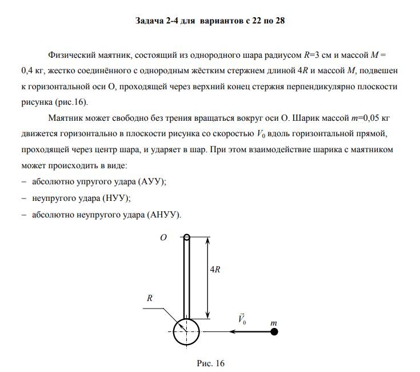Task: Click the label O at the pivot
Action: pos(164,237)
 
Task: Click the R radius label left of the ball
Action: pos(149,298)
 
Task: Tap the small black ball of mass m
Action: pos(274,331)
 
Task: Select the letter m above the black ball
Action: pos(274,322)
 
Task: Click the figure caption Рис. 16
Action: pos(211,363)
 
